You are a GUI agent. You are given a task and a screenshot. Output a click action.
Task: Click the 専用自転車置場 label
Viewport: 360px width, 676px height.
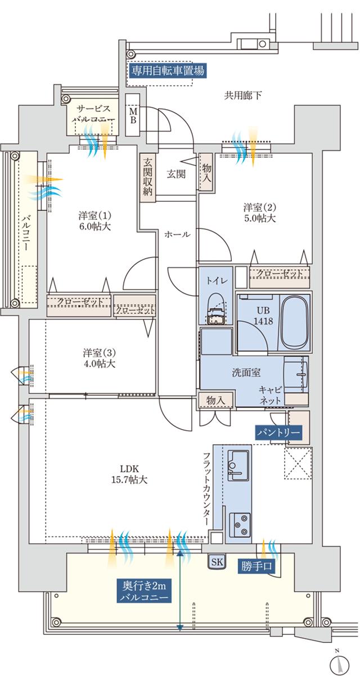click(166, 70)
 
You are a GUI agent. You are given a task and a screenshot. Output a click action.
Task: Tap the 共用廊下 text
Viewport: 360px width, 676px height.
click(243, 95)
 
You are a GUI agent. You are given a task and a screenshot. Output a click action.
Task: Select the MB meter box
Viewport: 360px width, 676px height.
click(134, 115)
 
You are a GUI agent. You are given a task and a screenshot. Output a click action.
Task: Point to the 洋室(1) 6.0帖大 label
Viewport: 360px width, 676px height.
click(95, 221)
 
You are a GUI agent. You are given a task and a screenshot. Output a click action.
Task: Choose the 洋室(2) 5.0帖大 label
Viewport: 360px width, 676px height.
click(259, 212)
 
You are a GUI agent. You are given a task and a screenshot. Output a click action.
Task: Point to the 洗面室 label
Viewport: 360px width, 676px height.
click(245, 371)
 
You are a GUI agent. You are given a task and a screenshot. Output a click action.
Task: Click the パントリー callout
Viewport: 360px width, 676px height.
click(279, 433)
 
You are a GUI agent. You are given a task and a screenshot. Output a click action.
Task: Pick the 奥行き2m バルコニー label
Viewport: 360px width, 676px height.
click(145, 591)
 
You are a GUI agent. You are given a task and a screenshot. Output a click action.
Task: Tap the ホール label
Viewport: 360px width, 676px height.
click(177, 234)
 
